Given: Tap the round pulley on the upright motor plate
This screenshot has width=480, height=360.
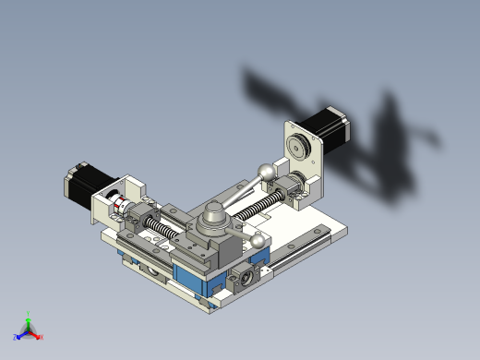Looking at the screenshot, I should coord(297,146).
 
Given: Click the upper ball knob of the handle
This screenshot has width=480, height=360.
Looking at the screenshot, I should coord(267,171).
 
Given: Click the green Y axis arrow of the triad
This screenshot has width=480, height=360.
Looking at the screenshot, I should coord(29,317).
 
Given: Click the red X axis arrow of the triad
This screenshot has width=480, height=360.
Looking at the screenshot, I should coord(39,336).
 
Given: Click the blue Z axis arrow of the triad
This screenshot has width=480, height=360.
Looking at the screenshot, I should coord(19,335).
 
